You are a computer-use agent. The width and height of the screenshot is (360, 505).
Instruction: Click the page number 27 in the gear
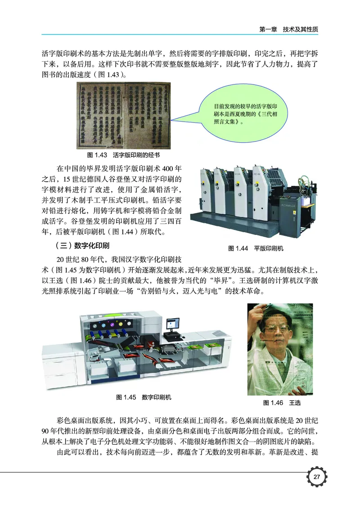(x=316, y=478)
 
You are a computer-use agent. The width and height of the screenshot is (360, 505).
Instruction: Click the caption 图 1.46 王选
(x=282, y=402)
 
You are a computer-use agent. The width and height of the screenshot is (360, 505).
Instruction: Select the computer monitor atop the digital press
(x=171, y=325)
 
